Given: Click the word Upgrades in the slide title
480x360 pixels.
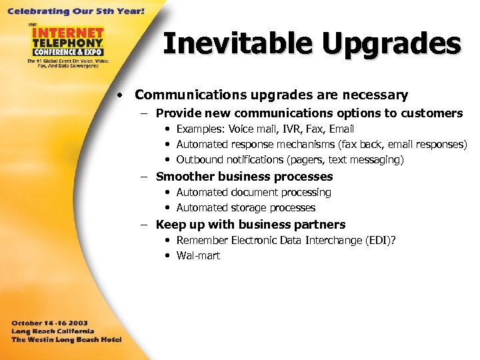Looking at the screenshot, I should [x=391, y=44].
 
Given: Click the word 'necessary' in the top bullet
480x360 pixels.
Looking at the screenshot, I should [x=375, y=95].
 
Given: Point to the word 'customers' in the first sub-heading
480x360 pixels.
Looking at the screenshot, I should [x=429, y=113].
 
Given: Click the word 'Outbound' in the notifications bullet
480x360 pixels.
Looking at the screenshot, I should [x=199, y=160].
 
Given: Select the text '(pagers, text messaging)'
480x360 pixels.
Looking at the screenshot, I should [x=347, y=160].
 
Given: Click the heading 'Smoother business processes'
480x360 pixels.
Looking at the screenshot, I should [x=244, y=177].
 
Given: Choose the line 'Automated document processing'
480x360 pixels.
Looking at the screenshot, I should [x=253, y=193].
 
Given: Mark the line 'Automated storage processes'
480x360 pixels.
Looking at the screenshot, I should [x=245, y=208].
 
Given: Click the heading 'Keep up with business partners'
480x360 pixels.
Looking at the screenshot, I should [x=251, y=225].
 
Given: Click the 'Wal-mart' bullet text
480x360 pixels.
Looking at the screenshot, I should [x=198, y=256].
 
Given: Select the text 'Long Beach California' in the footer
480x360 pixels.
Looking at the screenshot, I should [x=53, y=331].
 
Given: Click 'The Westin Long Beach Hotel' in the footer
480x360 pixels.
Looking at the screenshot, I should [x=66, y=339].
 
